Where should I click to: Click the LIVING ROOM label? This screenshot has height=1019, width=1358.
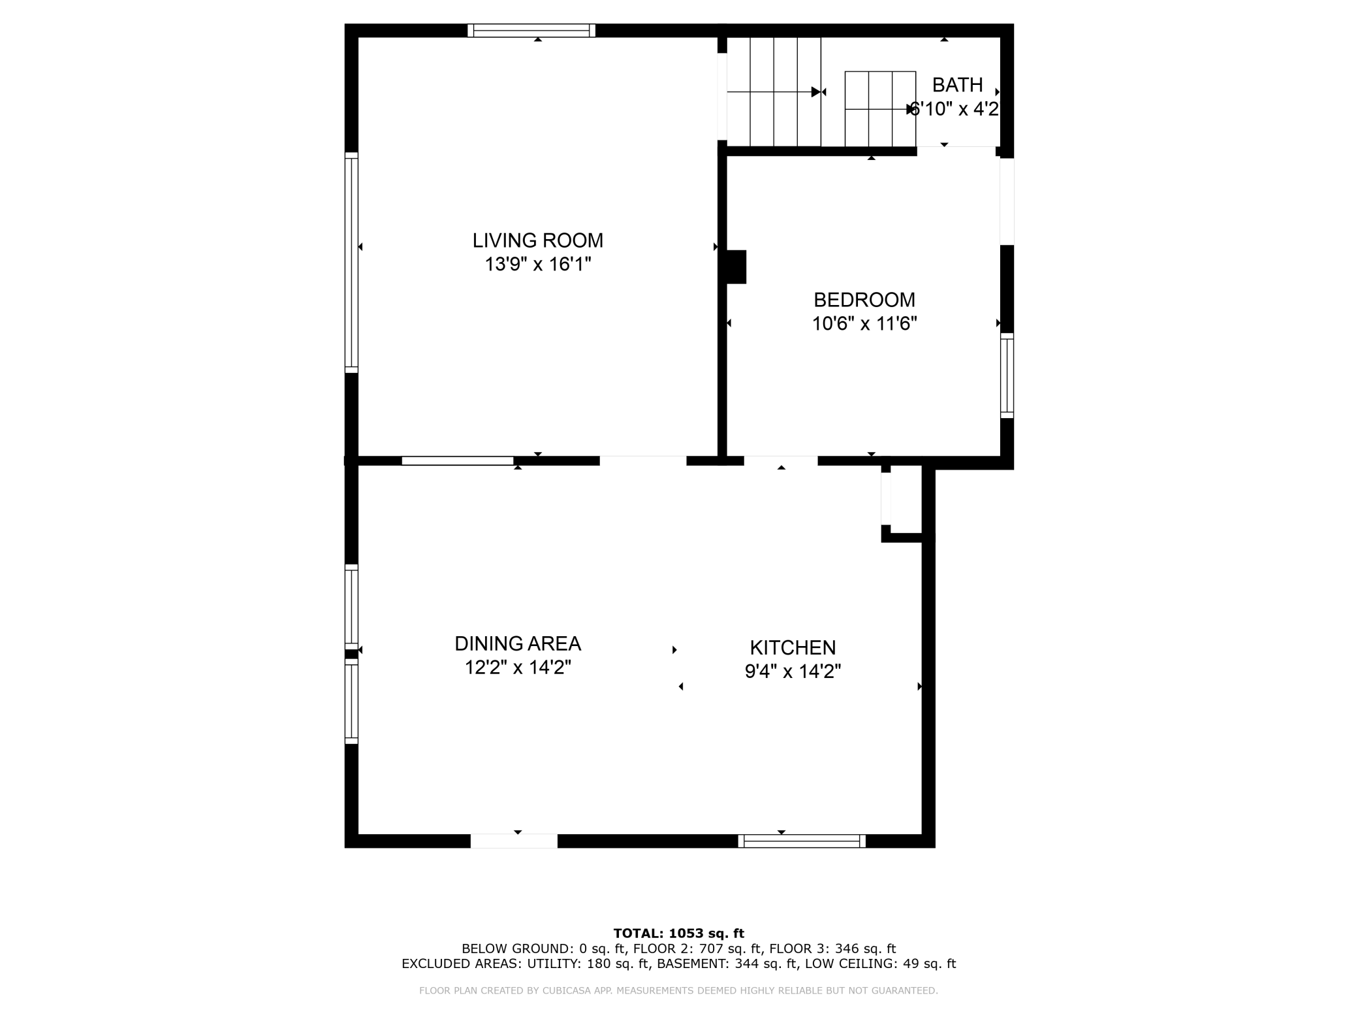(x=537, y=240)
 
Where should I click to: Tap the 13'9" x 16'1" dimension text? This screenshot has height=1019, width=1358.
(x=537, y=265)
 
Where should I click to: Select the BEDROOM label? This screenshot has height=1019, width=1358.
(x=864, y=300)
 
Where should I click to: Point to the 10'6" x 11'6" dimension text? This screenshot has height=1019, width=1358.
(x=864, y=324)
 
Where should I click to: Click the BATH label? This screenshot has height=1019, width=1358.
(x=957, y=85)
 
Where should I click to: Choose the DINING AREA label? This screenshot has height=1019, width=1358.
(x=518, y=643)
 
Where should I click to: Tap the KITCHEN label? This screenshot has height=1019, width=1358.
(x=793, y=647)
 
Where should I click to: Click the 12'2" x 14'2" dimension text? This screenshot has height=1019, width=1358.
(x=518, y=668)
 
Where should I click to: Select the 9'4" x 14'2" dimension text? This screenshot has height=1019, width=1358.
(x=793, y=671)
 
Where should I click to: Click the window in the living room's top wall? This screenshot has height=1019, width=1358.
(x=531, y=30)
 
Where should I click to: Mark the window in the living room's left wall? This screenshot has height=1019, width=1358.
(x=351, y=263)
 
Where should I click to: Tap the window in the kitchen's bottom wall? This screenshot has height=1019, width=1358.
(x=802, y=841)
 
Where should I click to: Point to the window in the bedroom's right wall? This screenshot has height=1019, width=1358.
(x=1007, y=376)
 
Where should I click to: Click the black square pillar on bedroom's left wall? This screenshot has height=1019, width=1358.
(x=736, y=267)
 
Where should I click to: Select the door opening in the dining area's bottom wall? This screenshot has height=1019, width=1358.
(x=514, y=841)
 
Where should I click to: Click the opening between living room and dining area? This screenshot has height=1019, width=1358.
(x=643, y=461)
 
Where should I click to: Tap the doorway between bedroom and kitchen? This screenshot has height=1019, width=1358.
(x=781, y=461)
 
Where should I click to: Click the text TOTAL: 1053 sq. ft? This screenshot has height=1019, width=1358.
(x=678, y=933)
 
